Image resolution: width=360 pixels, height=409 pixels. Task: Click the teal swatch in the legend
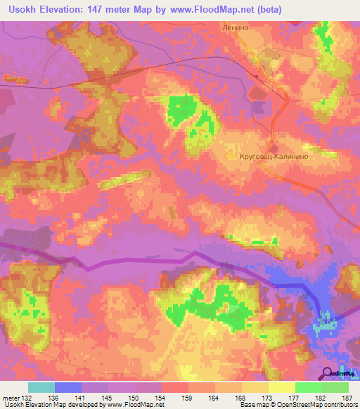point(41,387)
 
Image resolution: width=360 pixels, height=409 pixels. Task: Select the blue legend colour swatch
point(68,387)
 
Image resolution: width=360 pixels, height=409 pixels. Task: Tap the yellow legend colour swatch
point(282,387)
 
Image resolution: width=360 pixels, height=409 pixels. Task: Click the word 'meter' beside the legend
point(11,396)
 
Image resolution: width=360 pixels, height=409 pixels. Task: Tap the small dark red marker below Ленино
point(257,76)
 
